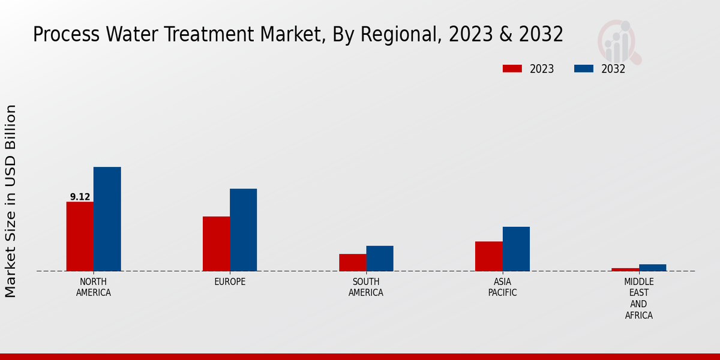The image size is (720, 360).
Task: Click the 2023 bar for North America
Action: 80,236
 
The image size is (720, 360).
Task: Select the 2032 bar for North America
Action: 107,219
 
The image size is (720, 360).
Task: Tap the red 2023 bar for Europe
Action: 216,244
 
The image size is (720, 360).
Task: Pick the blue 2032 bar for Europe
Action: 243,230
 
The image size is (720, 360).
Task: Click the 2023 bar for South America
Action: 352,262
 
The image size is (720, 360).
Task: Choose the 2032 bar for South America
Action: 380,258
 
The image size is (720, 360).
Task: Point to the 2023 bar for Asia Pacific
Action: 488,256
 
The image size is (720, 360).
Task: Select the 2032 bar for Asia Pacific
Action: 516,248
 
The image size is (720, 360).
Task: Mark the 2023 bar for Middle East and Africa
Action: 625,269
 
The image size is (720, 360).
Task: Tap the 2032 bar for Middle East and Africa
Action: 652,268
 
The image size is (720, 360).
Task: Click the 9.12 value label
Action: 80,197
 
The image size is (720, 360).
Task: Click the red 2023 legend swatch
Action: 512,68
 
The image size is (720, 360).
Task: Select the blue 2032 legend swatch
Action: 583,68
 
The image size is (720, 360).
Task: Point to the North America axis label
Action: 94,287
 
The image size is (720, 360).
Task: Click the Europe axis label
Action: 230,281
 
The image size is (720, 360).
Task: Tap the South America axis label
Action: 366,287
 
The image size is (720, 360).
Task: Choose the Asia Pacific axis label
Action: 502,287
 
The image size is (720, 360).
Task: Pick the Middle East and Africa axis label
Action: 638,298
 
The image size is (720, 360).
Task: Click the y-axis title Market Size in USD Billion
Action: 11,201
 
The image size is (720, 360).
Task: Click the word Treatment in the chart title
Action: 206,34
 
